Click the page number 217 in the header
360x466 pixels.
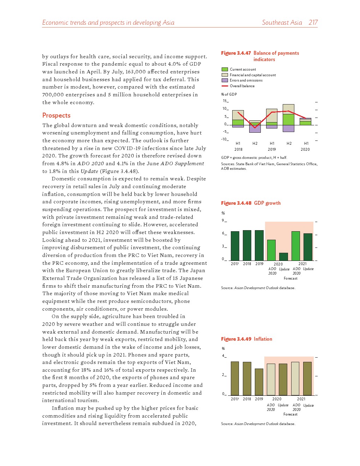pyautogui.click(x=313, y=23)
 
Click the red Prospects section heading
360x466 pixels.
pyautogui.click(x=56, y=115)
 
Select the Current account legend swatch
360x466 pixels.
pyautogui.click(x=224, y=70)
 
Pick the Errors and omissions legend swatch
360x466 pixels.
pyautogui.click(x=224, y=80)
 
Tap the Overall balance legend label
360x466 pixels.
pyautogui.click(x=242, y=86)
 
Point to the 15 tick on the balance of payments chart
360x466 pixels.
pyautogui.click(x=225, y=101)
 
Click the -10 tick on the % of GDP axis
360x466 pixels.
pyautogui.click(x=224, y=139)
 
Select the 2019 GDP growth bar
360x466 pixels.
pyautogui.click(x=259, y=245)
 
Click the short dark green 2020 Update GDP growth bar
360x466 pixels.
pyautogui.click(x=283, y=257)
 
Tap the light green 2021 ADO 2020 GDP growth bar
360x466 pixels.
pyautogui.click(x=295, y=246)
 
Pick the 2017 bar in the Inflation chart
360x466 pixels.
pyautogui.click(x=235, y=378)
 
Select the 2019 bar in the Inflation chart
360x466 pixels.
pyautogui.click(x=259, y=382)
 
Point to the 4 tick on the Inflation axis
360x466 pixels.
pyautogui.click(x=223, y=356)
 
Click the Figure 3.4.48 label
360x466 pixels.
pyautogui.click(x=236, y=203)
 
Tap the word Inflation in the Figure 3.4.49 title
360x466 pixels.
pyautogui.click(x=263, y=339)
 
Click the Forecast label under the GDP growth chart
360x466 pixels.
pyautogui.click(x=290, y=279)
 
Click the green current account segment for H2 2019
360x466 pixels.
pyautogui.click(x=288, y=119)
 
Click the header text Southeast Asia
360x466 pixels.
pyautogui.click(x=282, y=23)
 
